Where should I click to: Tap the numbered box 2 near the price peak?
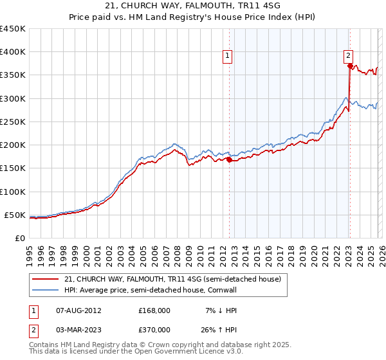pos(348,55)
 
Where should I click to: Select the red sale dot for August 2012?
pos(229,160)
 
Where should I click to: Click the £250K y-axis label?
pos(12,122)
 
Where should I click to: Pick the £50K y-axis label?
pos(15,215)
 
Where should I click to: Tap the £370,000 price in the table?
pos(154,329)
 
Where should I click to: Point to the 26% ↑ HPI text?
pos(221,329)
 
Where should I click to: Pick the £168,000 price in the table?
pos(154,310)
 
